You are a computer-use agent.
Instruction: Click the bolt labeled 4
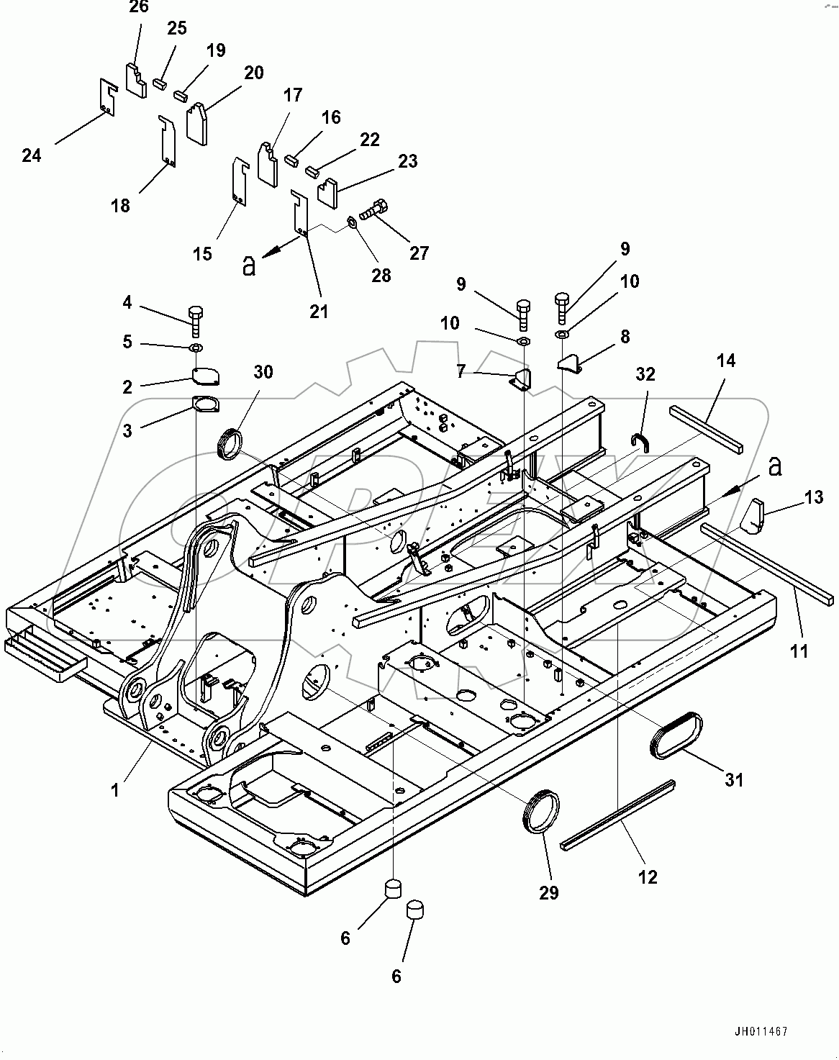coord(196,320)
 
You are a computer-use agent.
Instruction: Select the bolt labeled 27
coord(371,210)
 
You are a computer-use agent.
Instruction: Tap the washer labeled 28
coord(352,220)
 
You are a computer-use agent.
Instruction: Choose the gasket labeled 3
coord(206,405)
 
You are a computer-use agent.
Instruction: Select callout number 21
coord(319,312)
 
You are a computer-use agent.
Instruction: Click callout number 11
coord(799,651)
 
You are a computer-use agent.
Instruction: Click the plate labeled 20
coord(197,122)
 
